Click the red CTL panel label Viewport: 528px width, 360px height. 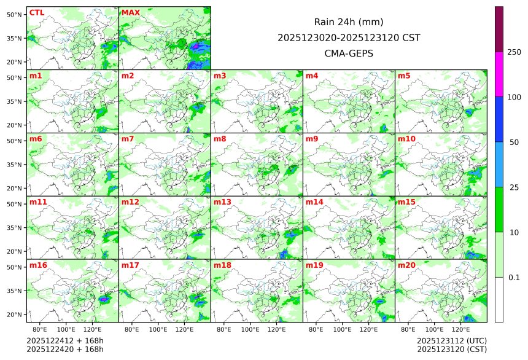pyautogui.click(x=36, y=13)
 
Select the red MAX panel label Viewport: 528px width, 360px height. pyautogui.click(x=131, y=13)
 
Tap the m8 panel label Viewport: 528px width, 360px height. pyautogui.click(x=220, y=139)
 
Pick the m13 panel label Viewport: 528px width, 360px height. pyautogui.click(x=222, y=202)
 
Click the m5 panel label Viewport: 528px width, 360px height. pyautogui.click(x=405, y=76)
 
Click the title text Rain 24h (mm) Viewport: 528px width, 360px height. pyautogui.click(x=349, y=22)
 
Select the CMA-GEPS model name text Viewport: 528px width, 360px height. pyautogui.click(x=349, y=53)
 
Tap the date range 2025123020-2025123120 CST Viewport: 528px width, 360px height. pyautogui.click(x=349, y=37)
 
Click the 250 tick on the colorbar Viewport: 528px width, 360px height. pyautogui.click(x=514, y=52)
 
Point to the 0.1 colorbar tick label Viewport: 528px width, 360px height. pyautogui.click(x=514, y=278)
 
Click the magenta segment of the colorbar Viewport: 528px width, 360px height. pyautogui.click(x=499, y=74)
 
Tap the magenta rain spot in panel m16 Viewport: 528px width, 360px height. pyautogui.click(x=104, y=299)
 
